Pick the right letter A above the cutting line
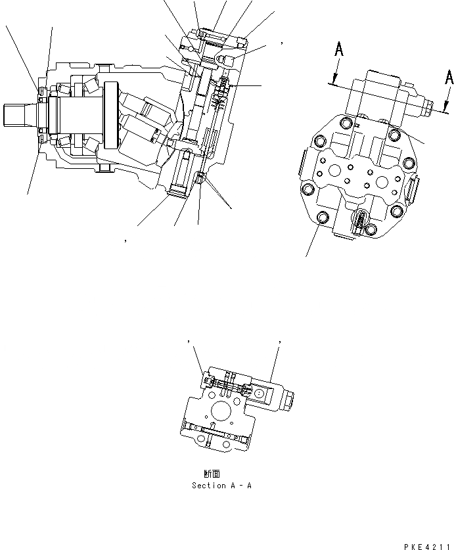449,77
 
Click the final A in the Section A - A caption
249,486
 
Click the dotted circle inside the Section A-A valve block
260,393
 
